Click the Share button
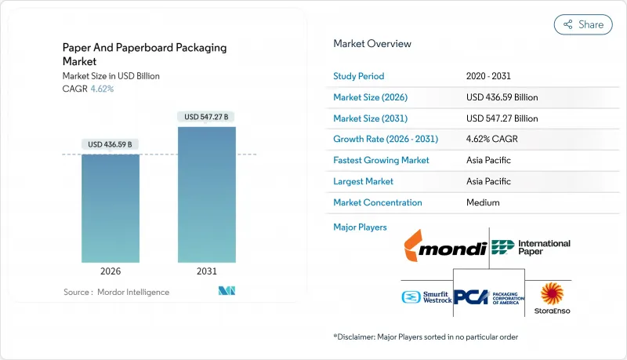(583, 24)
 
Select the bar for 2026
(111, 208)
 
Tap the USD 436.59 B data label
(111, 144)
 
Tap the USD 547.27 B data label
(206, 117)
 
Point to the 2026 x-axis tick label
(111, 271)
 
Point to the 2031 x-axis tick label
(206, 271)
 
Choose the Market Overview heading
(371, 44)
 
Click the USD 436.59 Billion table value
(502, 97)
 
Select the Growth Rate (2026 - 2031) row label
(386, 139)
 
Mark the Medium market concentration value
(483, 202)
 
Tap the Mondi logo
(443, 249)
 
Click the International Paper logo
(531, 248)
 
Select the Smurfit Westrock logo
(426, 297)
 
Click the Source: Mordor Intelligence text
(116, 292)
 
